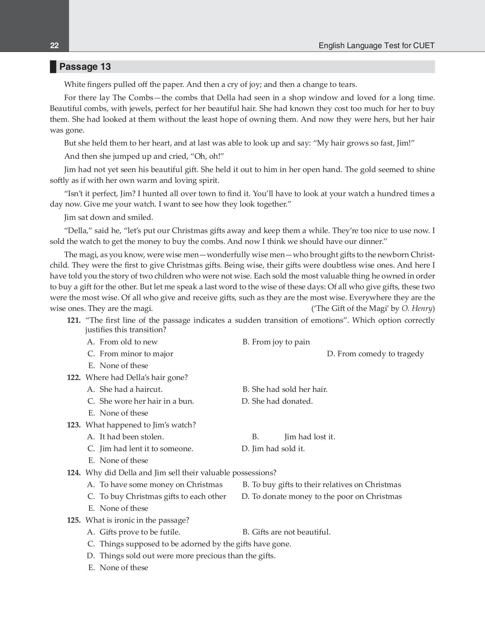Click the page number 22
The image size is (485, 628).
(54, 46)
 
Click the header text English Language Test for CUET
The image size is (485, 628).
(376, 46)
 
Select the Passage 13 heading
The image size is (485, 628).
(85, 67)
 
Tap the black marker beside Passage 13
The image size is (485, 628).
(53, 67)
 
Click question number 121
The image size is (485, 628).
(74, 320)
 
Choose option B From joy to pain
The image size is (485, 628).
(276, 342)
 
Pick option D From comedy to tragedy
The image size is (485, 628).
(375, 354)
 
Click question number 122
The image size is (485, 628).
(74, 377)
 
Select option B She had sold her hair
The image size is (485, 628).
(285, 389)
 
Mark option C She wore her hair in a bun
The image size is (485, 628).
(141, 401)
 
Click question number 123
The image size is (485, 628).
(74, 425)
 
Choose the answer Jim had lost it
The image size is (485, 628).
(309, 437)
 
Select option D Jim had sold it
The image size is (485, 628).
(273, 449)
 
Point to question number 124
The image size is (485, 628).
(74, 473)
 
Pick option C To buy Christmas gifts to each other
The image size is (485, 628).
(157, 496)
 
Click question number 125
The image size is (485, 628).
(74, 520)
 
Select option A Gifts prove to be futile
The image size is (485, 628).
(134, 532)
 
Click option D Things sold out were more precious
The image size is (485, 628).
(181, 556)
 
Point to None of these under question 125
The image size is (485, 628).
(119, 568)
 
